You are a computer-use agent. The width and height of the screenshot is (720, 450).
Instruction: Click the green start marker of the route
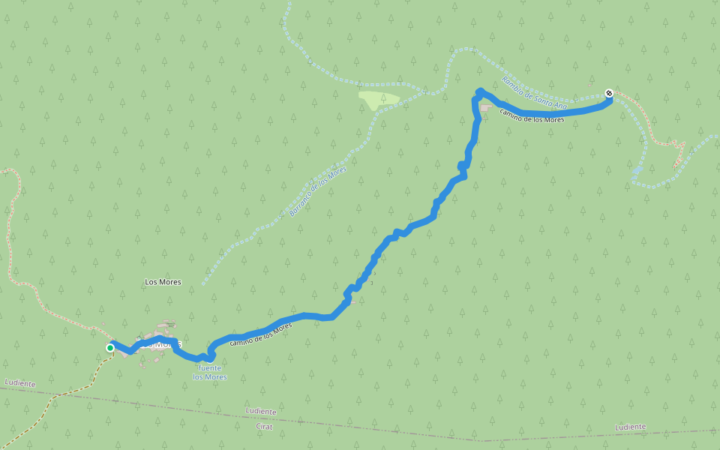(x=110, y=347)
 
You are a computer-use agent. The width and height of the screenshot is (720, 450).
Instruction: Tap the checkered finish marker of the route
(x=609, y=93)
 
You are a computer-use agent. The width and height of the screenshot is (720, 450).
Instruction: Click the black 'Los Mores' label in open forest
(x=163, y=282)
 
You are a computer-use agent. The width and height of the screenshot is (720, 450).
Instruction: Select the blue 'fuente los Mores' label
(x=209, y=372)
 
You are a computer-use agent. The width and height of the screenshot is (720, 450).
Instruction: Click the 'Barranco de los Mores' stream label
(x=318, y=191)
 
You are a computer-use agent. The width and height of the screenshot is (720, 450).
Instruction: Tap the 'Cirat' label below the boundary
(x=264, y=426)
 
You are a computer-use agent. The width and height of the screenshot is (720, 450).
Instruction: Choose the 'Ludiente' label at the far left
(x=20, y=383)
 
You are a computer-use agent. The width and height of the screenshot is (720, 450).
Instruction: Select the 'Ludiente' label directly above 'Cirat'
(x=261, y=411)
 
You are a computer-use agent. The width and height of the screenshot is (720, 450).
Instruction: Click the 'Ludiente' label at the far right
(x=630, y=427)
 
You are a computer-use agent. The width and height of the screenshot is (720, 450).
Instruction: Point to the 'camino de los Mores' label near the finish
(x=532, y=115)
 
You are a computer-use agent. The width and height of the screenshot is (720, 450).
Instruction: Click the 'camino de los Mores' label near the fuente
(x=261, y=334)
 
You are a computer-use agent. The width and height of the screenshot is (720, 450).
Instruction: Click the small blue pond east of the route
(x=637, y=171)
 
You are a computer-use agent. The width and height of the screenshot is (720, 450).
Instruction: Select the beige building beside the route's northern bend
(x=484, y=109)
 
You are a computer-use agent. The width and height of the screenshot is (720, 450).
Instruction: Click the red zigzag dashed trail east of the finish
(x=672, y=146)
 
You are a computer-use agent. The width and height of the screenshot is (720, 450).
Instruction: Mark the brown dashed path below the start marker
(x=75, y=390)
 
